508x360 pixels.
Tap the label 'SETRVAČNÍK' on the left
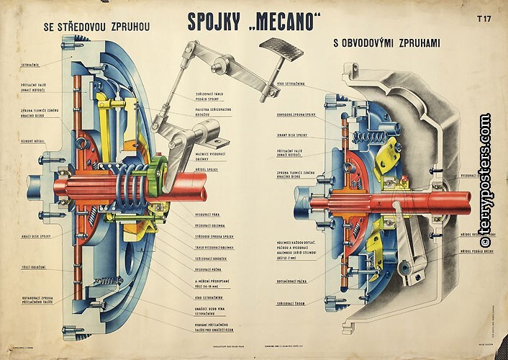(x=30, y=65)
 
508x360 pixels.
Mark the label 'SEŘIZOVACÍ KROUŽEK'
(x=208, y=258)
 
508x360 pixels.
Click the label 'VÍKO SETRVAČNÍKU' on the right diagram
(x=291, y=84)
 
